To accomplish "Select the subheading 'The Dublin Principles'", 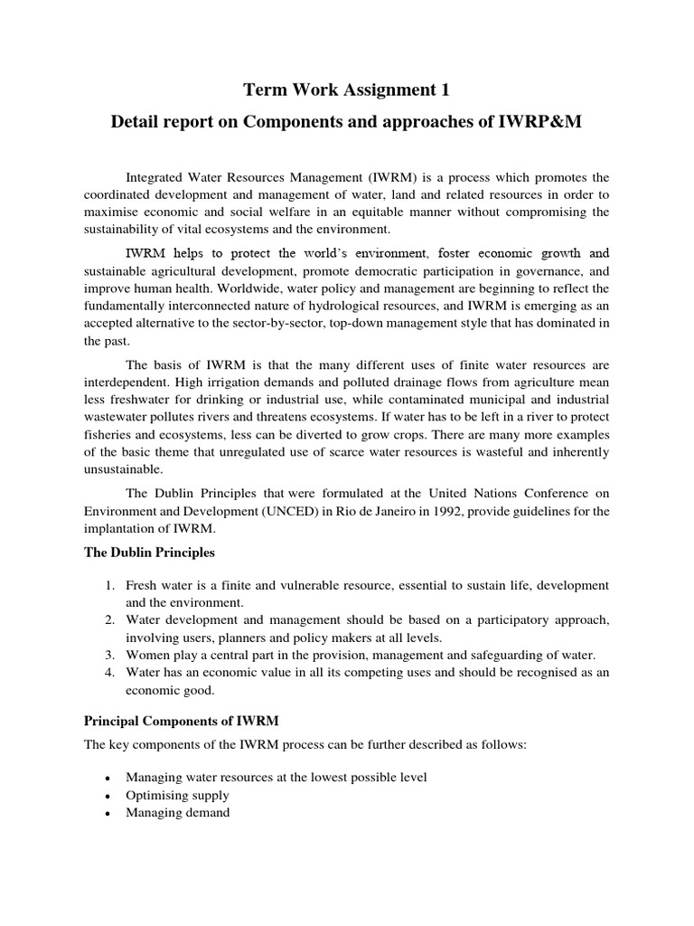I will pyautogui.click(x=149, y=552).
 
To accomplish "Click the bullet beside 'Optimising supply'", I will pyautogui.click(x=108, y=796).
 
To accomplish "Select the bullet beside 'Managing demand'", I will pyautogui.click(x=108, y=813).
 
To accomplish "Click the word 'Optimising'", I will pyautogui.click(x=156, y=795).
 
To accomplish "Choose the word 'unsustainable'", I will pyautogui.click(x=124, y=469).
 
